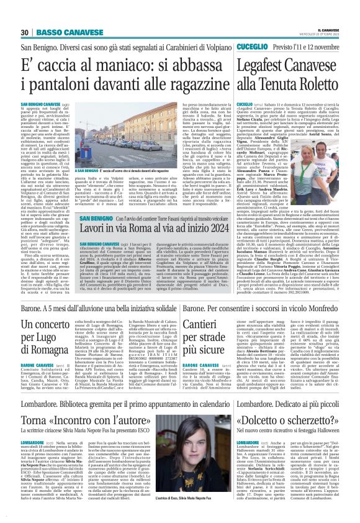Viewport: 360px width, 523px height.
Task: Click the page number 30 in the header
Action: pos(25,32)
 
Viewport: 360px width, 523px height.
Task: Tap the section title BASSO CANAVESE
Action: pos(59,32)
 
